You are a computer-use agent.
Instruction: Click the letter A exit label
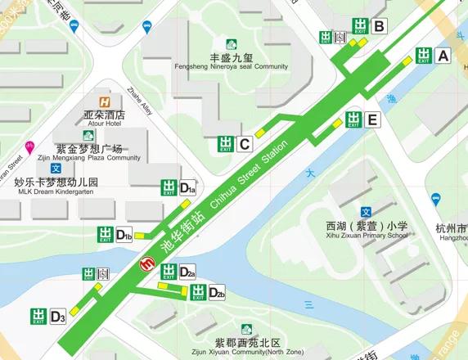pyautogui.click(x=443, y=56)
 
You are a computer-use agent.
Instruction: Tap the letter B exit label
pyautogui.click(x=378, y=27)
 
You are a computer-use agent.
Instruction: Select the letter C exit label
pyautogui.click(x=245, y=145)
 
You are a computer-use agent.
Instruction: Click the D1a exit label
pyautogui.click(x=187, y=188)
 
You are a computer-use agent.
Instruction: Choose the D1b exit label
pyautogui.click(x=124, y=236)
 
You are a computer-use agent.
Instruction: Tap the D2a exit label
pyautogui.click(x=187, y=272)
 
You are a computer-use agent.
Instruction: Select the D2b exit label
pyautogui.click(x=216, y=292)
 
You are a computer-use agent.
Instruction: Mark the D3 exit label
pyautogui.click(x=57, y=316)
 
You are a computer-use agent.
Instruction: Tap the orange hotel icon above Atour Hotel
pyautogui.click(x=105, y=101)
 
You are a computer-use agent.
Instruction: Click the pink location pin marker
pyautogui.click(x=29, y=147)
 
